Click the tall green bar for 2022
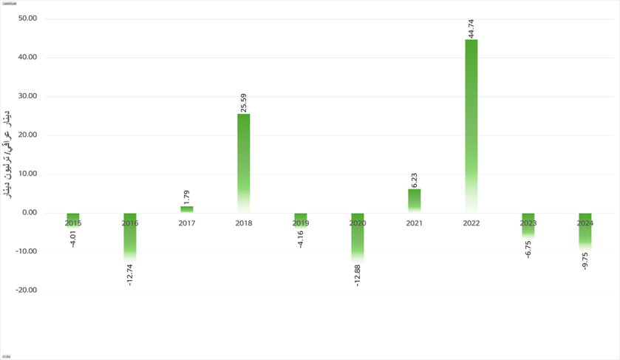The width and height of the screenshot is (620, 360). pos(471,126)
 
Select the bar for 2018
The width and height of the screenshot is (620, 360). pos(243,163)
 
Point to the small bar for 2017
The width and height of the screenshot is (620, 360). pos(187,210)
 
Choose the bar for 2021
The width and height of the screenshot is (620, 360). pos(414,201)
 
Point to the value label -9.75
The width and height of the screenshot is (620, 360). pos(585,261)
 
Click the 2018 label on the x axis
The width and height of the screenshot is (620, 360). pos(243,223)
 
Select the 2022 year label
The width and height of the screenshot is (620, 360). pos(471,223)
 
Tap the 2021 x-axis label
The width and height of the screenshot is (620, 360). pos(414,223)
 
